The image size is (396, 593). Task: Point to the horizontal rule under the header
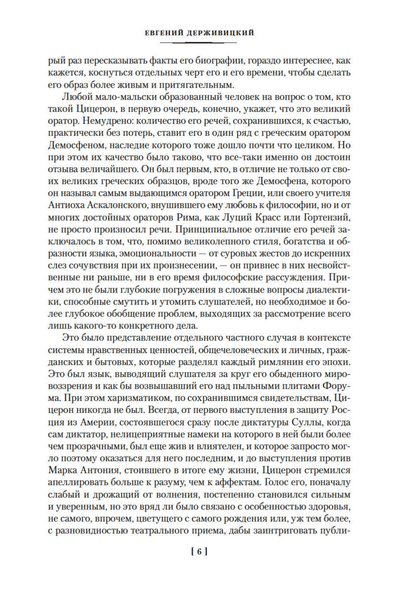tap(198, 43)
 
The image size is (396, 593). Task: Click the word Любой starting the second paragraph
tap(75, 97)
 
